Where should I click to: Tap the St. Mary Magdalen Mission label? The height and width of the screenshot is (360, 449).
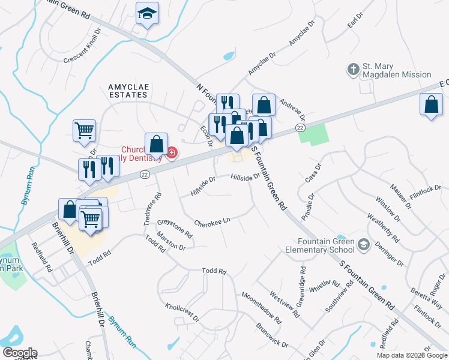[397, 70]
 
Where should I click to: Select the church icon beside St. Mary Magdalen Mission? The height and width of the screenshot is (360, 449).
[353, 69]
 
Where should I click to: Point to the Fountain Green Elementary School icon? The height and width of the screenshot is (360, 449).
[363, 245]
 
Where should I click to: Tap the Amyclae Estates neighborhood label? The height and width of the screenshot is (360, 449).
[128, 91]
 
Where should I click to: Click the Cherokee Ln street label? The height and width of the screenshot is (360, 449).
[212, 221]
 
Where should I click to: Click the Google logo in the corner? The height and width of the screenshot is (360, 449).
[19, 353]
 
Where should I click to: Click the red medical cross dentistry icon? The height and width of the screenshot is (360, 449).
[172, 153]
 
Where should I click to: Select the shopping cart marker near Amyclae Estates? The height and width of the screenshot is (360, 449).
[84, 130]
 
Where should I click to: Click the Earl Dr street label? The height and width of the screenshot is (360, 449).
[356, 23]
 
